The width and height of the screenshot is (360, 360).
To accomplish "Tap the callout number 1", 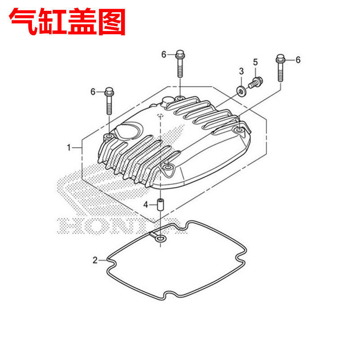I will pos(69,148).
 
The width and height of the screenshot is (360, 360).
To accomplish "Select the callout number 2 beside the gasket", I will pos(95,260).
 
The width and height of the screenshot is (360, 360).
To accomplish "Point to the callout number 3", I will pos(241,71).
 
